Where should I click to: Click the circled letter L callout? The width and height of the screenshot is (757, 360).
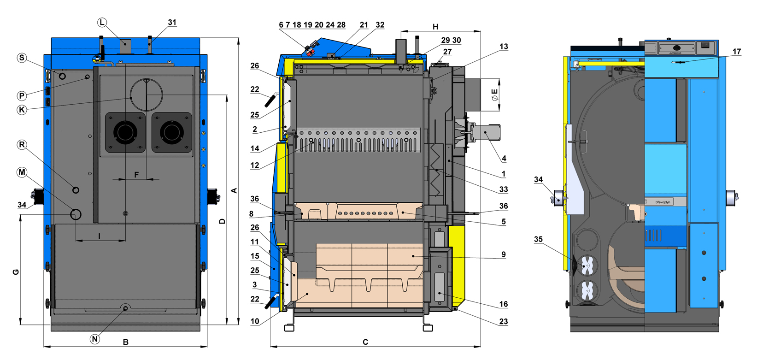tap(102, 23)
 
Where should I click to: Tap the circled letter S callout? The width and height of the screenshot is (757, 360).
tap(22, 58)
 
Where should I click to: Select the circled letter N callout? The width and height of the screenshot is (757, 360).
tap(94, 339)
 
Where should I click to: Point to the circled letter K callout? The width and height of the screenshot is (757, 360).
tap(22, 110)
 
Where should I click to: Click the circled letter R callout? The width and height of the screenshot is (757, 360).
tap(22, 145)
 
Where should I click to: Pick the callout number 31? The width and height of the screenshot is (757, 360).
tap(172, 22)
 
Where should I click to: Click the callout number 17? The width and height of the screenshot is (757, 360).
tap(737, 52)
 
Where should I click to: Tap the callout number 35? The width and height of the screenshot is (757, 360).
tap(538, 239)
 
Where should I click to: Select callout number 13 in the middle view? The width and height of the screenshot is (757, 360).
tap(504, 47)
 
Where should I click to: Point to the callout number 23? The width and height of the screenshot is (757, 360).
tap(504, 321)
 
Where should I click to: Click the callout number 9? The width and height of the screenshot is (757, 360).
tap(504, 254)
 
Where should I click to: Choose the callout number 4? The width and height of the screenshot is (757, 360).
tap(504, 158)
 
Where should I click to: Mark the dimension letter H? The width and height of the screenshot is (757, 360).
tap(435, 27)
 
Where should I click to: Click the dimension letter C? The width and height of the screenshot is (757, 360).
tap(365, 342)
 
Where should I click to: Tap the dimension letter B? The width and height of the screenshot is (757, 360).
tap(125, 342)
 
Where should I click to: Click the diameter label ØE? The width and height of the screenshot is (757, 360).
tap(495, 95)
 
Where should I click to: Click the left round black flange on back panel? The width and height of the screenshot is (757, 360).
tap(125, 132)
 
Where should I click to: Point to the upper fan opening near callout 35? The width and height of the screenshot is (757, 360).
tap(587, 266)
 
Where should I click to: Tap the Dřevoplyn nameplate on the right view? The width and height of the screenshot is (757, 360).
tap(663, 202)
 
